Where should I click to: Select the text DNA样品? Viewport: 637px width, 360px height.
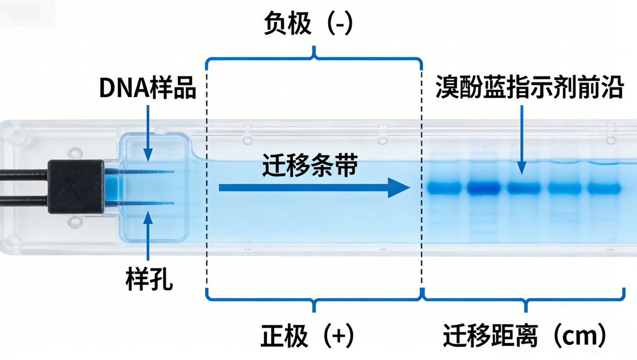coord(148,89)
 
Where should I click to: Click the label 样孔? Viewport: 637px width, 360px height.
coord(149,280)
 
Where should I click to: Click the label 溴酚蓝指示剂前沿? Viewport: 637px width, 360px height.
coord(529,89)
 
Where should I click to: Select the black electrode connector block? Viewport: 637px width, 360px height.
coord(75,186)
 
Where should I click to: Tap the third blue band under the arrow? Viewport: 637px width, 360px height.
coord(524,188)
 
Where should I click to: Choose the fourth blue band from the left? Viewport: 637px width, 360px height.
coord(564,188)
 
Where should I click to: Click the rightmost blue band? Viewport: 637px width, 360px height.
coord(603,188)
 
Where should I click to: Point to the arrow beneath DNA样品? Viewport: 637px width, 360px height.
coord(148,134)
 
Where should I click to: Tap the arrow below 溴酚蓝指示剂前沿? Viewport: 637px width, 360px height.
coord(521,140)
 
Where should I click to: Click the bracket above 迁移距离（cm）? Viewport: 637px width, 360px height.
coord(524,296)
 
